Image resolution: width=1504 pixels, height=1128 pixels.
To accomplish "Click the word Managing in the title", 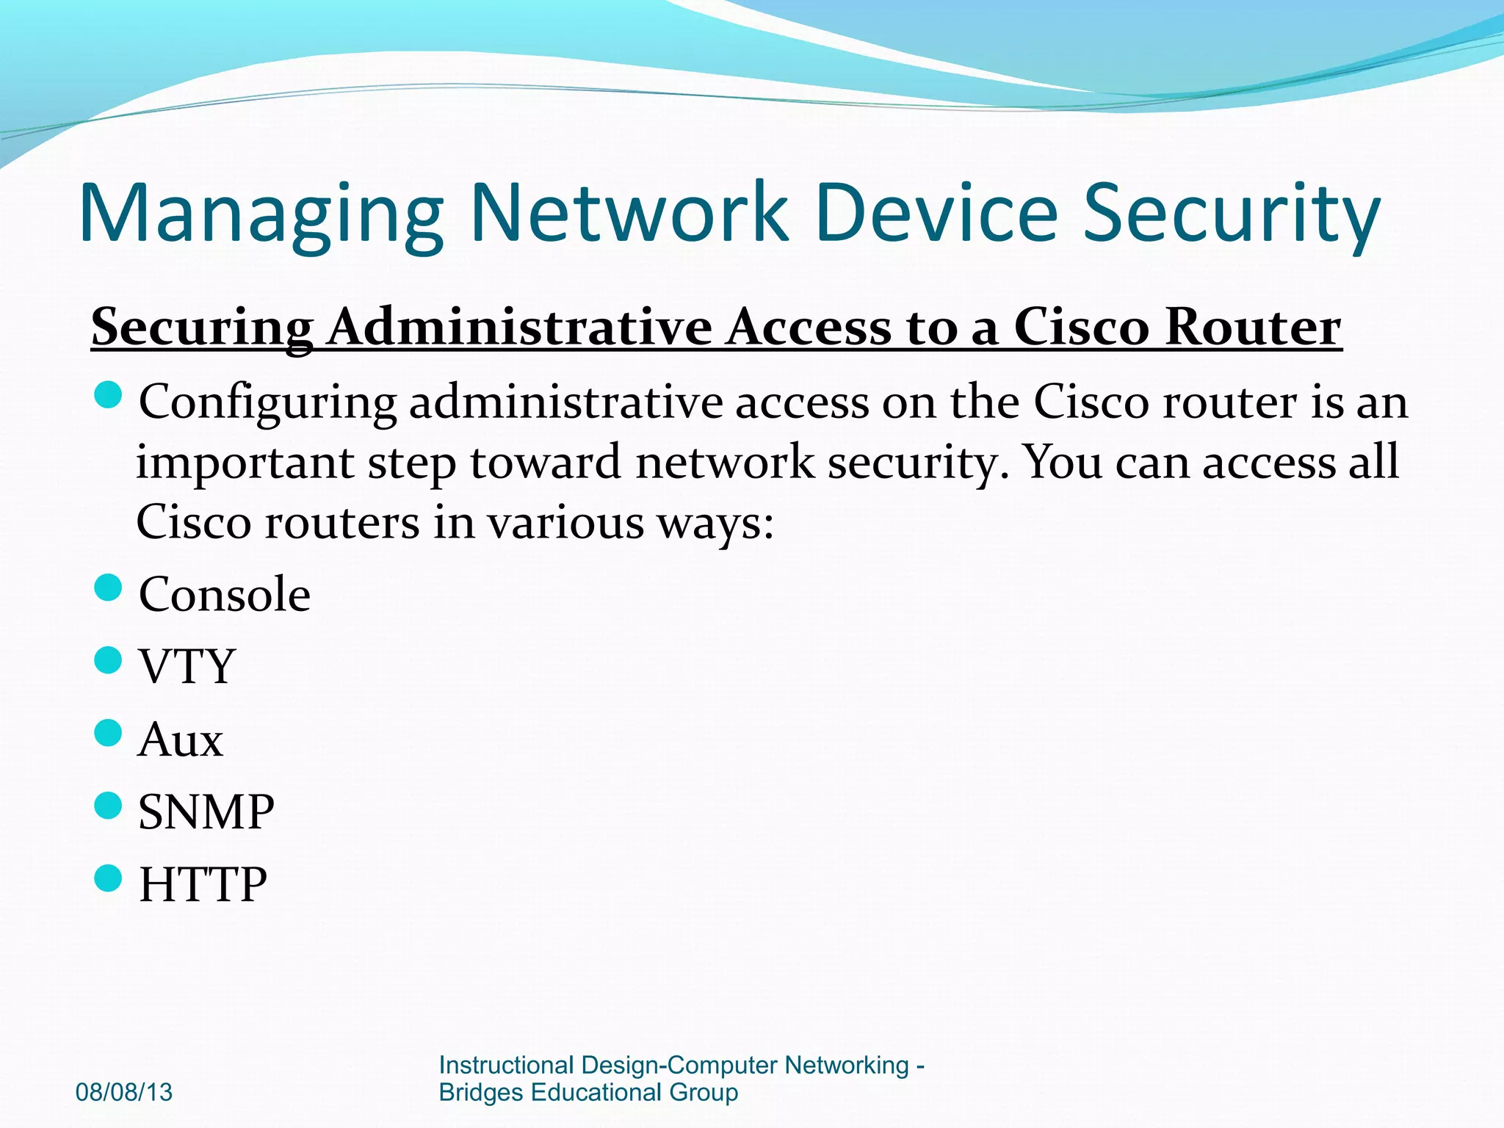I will [x=261, y=214].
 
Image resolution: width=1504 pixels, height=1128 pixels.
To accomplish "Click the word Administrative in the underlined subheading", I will [x=520, y=327].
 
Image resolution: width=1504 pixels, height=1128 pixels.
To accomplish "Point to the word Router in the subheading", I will [x=1253, y=327].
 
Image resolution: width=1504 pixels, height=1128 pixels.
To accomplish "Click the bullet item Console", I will [x=225, y=594].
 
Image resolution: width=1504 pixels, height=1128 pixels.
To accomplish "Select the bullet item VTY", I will [x=187, y=667].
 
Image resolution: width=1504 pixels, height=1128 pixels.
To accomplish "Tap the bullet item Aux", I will [x=181, y=740].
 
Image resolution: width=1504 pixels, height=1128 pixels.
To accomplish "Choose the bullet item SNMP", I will [x=206, y=812].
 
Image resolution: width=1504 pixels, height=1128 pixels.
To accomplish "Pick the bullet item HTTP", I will [x=203, y=885].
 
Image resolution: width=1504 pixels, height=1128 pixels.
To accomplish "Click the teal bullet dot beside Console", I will [x=108, y=588].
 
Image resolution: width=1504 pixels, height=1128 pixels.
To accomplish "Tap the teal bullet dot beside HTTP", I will [x=108, y=878].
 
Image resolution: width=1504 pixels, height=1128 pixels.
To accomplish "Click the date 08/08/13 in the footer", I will [x=124, y=1092].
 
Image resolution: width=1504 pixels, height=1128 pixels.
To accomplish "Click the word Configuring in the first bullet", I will [x=268, y=403].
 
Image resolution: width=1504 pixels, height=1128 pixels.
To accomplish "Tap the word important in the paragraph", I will [x=245, y=463].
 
